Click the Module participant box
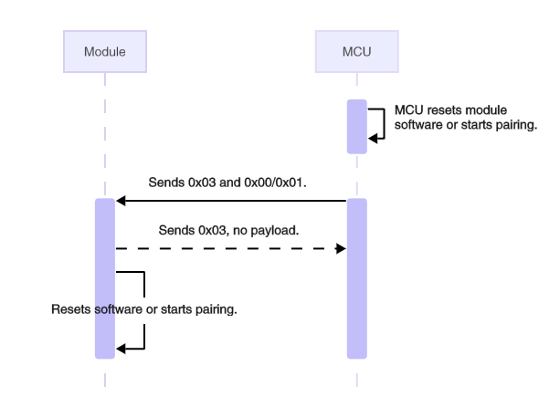pyautogui.click(x=104, y=52)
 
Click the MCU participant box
pyautogui.click(x=356, y=52)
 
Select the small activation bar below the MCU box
pyautogui.click(x=356, y=126)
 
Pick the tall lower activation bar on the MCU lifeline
pyautogui.click(x=356, y=278)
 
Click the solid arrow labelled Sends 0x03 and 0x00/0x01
pyautogui.click(x=228, y=201)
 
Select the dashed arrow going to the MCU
pyautogui.click(x=228, y=247)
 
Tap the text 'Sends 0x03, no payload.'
pyautogui.click(x=228, y=230)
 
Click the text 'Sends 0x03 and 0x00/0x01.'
pyautogui.click(x=228, y=183)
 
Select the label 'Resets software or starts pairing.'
pyautogui.click(x=144, y=309)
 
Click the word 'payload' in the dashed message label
pyautogui.click(x=276, y=230)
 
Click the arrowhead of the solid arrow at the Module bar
pyautogui.click(x=121, y=201)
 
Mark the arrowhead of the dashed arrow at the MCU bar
pyautogui.click(x=341, y=247)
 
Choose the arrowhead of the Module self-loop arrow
pyautogui.click(x=121, y=347)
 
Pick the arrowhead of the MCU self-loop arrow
pyautogui.click(x=373, y=137)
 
